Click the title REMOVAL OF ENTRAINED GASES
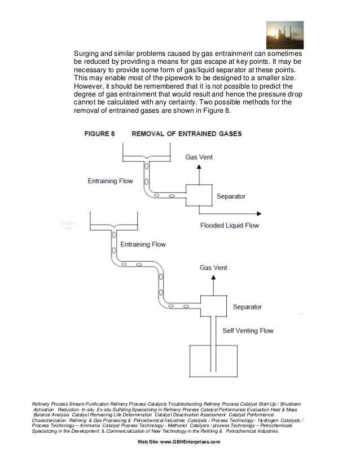click(186, 134)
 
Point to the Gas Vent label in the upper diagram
click(199, 158)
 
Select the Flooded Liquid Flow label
click(229, 225)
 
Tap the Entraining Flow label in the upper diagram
click(111, 181)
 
